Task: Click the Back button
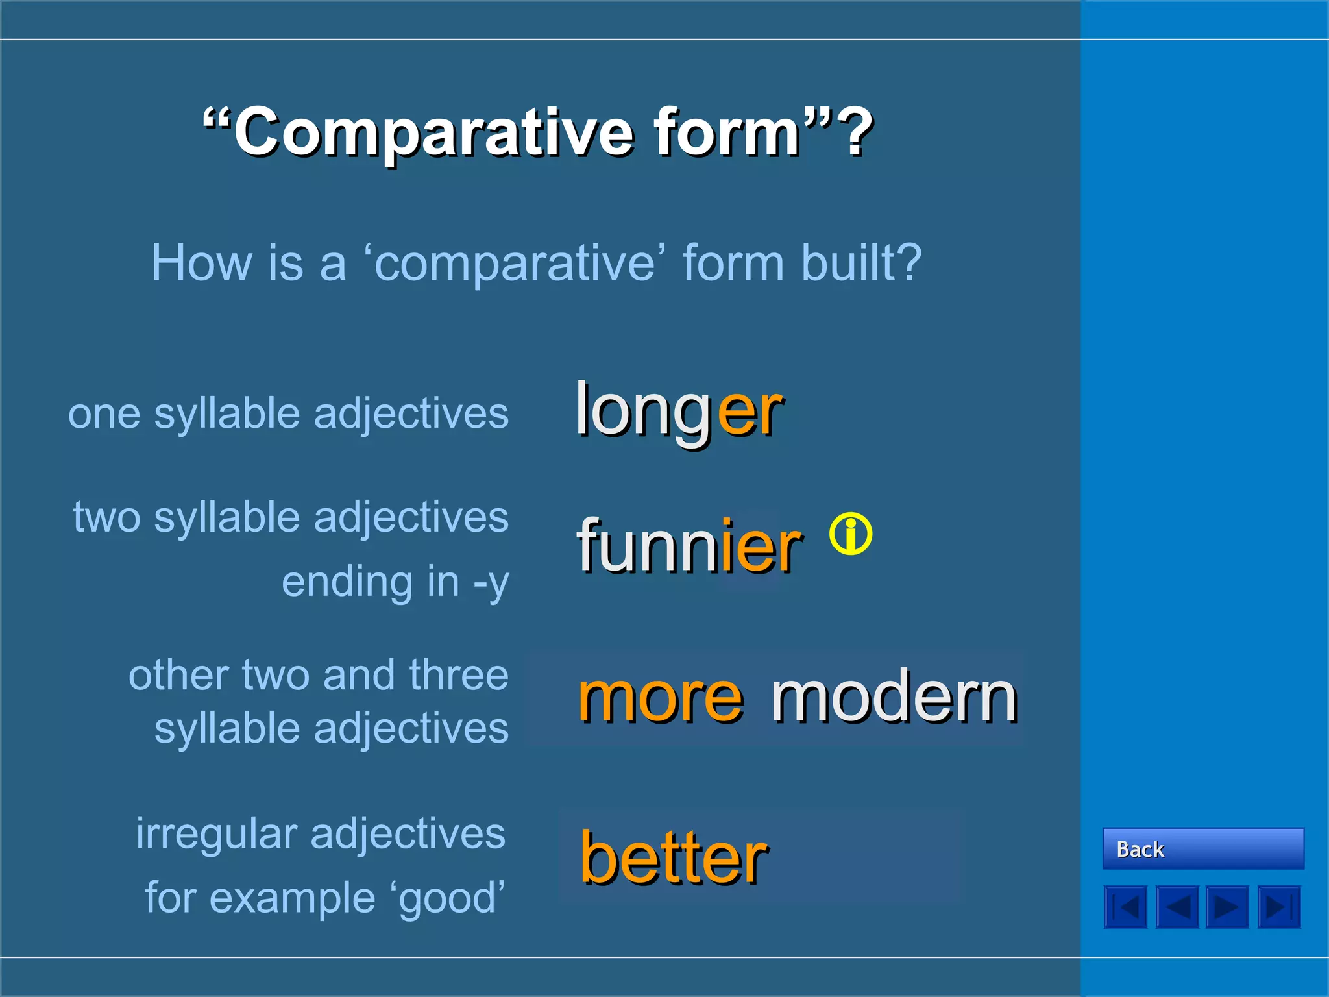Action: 1202,848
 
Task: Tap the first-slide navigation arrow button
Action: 1125,907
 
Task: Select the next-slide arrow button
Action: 1227,907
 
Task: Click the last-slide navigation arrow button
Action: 1278,907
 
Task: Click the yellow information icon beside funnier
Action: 850,534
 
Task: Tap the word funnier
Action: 689,547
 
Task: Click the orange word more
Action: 660,698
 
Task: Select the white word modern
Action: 894,698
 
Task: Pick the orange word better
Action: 674,858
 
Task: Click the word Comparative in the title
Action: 433,133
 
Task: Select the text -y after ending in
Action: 491,582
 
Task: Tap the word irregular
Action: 216,835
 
